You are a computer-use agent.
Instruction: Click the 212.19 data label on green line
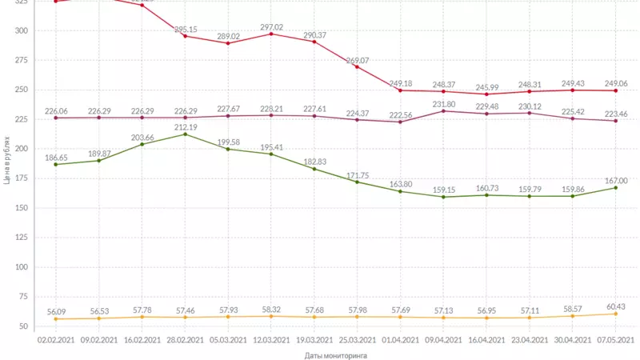coord(185,126)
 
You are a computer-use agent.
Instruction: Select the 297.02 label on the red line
coord(271,26)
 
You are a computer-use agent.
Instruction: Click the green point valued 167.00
coord(616,187)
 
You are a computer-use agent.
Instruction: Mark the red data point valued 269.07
coord(358,66)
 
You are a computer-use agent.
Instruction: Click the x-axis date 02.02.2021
coord(55,339)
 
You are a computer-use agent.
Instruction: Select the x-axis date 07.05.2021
coord(616,339)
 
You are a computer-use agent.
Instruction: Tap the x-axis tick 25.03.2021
coord(358,339)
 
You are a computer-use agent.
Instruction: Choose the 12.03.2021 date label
coord(271,339)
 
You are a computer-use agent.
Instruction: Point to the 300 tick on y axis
coord(22,30)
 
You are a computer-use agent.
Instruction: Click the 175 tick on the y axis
coord(22,178)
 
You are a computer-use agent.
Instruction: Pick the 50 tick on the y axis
coord(24,326)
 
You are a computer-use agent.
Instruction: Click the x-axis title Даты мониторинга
coord(335,354)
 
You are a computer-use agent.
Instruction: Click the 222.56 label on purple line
coord(400,115)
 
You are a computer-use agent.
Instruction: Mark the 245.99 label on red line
coord(486,87)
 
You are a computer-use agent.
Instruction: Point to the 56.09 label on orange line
coord(55,312)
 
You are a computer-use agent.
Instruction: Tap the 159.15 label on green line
coord(443,190)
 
